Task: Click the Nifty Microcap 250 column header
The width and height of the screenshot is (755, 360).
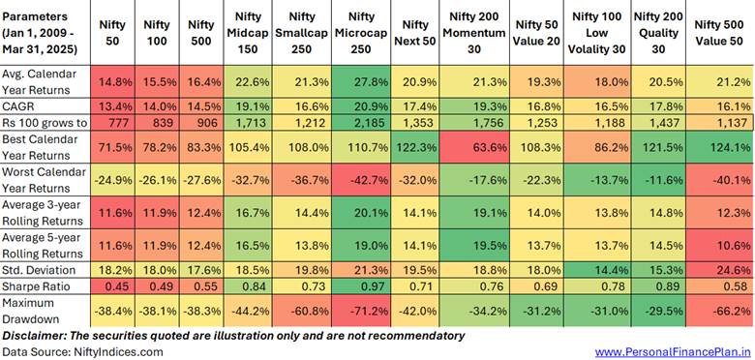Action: [361, 32]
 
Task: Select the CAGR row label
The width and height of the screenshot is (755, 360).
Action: [15, 105]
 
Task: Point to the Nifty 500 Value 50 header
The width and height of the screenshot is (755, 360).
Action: [721, 32]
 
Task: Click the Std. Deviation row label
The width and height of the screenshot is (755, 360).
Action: [39, 270]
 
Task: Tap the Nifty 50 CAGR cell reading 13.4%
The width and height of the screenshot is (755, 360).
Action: [115, 105]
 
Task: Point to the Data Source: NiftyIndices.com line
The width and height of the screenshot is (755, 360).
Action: [83, 352]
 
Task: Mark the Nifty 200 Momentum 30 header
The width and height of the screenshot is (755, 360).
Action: [477, 32]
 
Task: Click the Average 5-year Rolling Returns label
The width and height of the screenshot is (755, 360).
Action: [43, 245]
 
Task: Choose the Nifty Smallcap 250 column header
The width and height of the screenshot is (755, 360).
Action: [302, 32]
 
